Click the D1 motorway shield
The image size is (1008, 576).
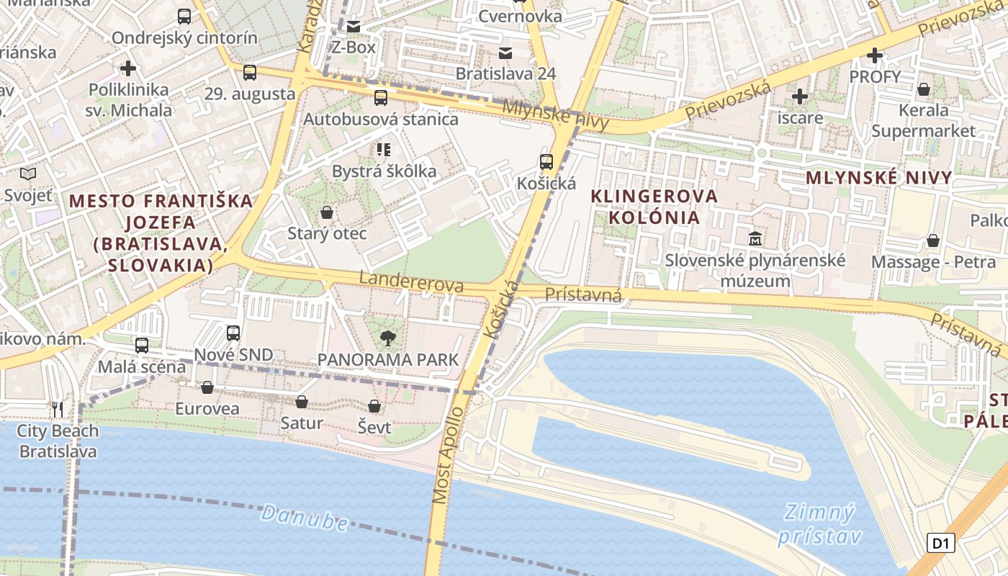click(x=940, y=543)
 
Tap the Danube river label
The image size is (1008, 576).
click(x=305, y=518)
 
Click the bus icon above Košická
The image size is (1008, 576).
click(x=546, y=161)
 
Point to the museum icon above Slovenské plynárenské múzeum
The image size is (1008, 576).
click(x=755, y=238)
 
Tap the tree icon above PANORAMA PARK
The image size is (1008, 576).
click(x=387, y=338)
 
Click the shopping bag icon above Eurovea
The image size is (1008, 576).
click(x=207, y=387)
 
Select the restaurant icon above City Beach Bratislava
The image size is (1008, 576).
click(x=58, y=410)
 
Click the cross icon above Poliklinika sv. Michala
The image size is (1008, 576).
click(x=128, y=68)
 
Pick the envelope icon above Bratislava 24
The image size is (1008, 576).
click(x=505, y=53)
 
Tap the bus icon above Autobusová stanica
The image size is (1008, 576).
click(x=380, y=97)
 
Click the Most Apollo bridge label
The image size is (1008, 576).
click(x=449, y=455)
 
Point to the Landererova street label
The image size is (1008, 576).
click(x=411, y=282)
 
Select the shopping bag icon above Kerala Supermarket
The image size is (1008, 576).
click(x=923, y=89)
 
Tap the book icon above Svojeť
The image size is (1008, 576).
click(x=28, y=174)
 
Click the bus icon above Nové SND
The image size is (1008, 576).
click(x=233, y=333)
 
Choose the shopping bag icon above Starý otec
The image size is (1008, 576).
click(x=327, y=212)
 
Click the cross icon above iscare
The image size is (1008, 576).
click(x=800, y=96)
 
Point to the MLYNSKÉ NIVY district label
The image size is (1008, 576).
click(x=878, y=178)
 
